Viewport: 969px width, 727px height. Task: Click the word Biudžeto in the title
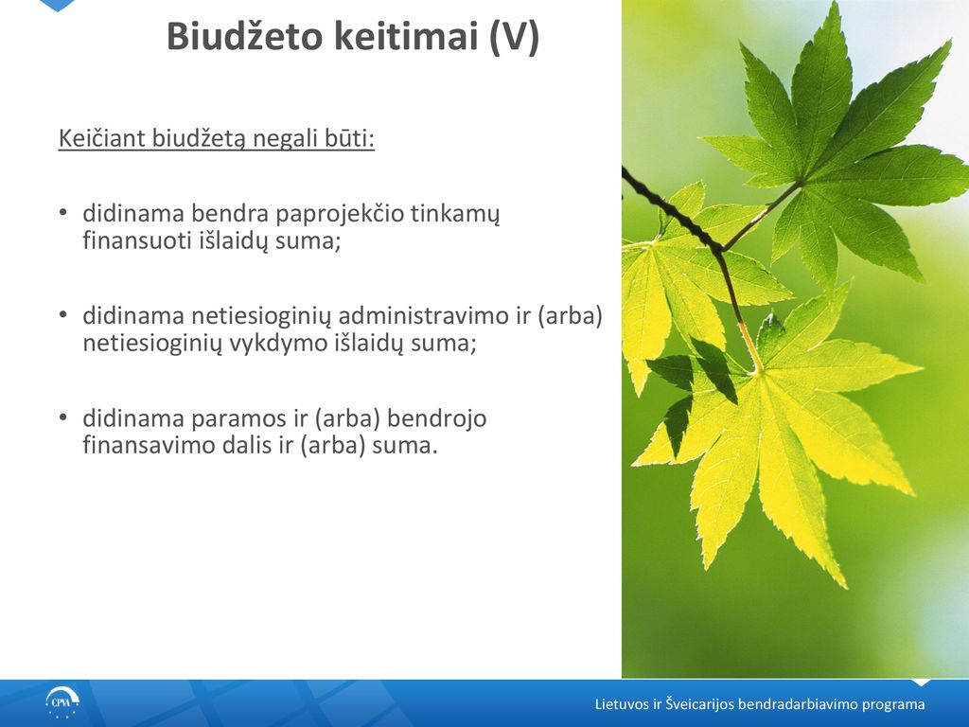pyautogui.click(x=245, y=36)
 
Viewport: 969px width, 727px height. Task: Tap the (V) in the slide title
pyautogui.click(x=514, y=37)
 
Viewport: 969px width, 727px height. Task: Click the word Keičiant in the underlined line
pyautogui.click(x=102, y=137)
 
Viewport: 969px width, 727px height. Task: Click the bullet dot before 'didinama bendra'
pyautogui.click(x=63, y=213)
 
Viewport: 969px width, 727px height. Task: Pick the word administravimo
pyautogui.click(x=423, y=315)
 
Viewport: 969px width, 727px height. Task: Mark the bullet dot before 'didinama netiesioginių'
pyautogui.click(x=63, y=314)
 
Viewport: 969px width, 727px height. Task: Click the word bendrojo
pyautogui.click(x=437, y=418)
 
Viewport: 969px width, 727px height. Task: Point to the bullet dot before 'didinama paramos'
pyautogui.click(x=63, y=417)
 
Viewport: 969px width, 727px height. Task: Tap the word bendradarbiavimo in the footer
pyautogui.click(x=798, y=704)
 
